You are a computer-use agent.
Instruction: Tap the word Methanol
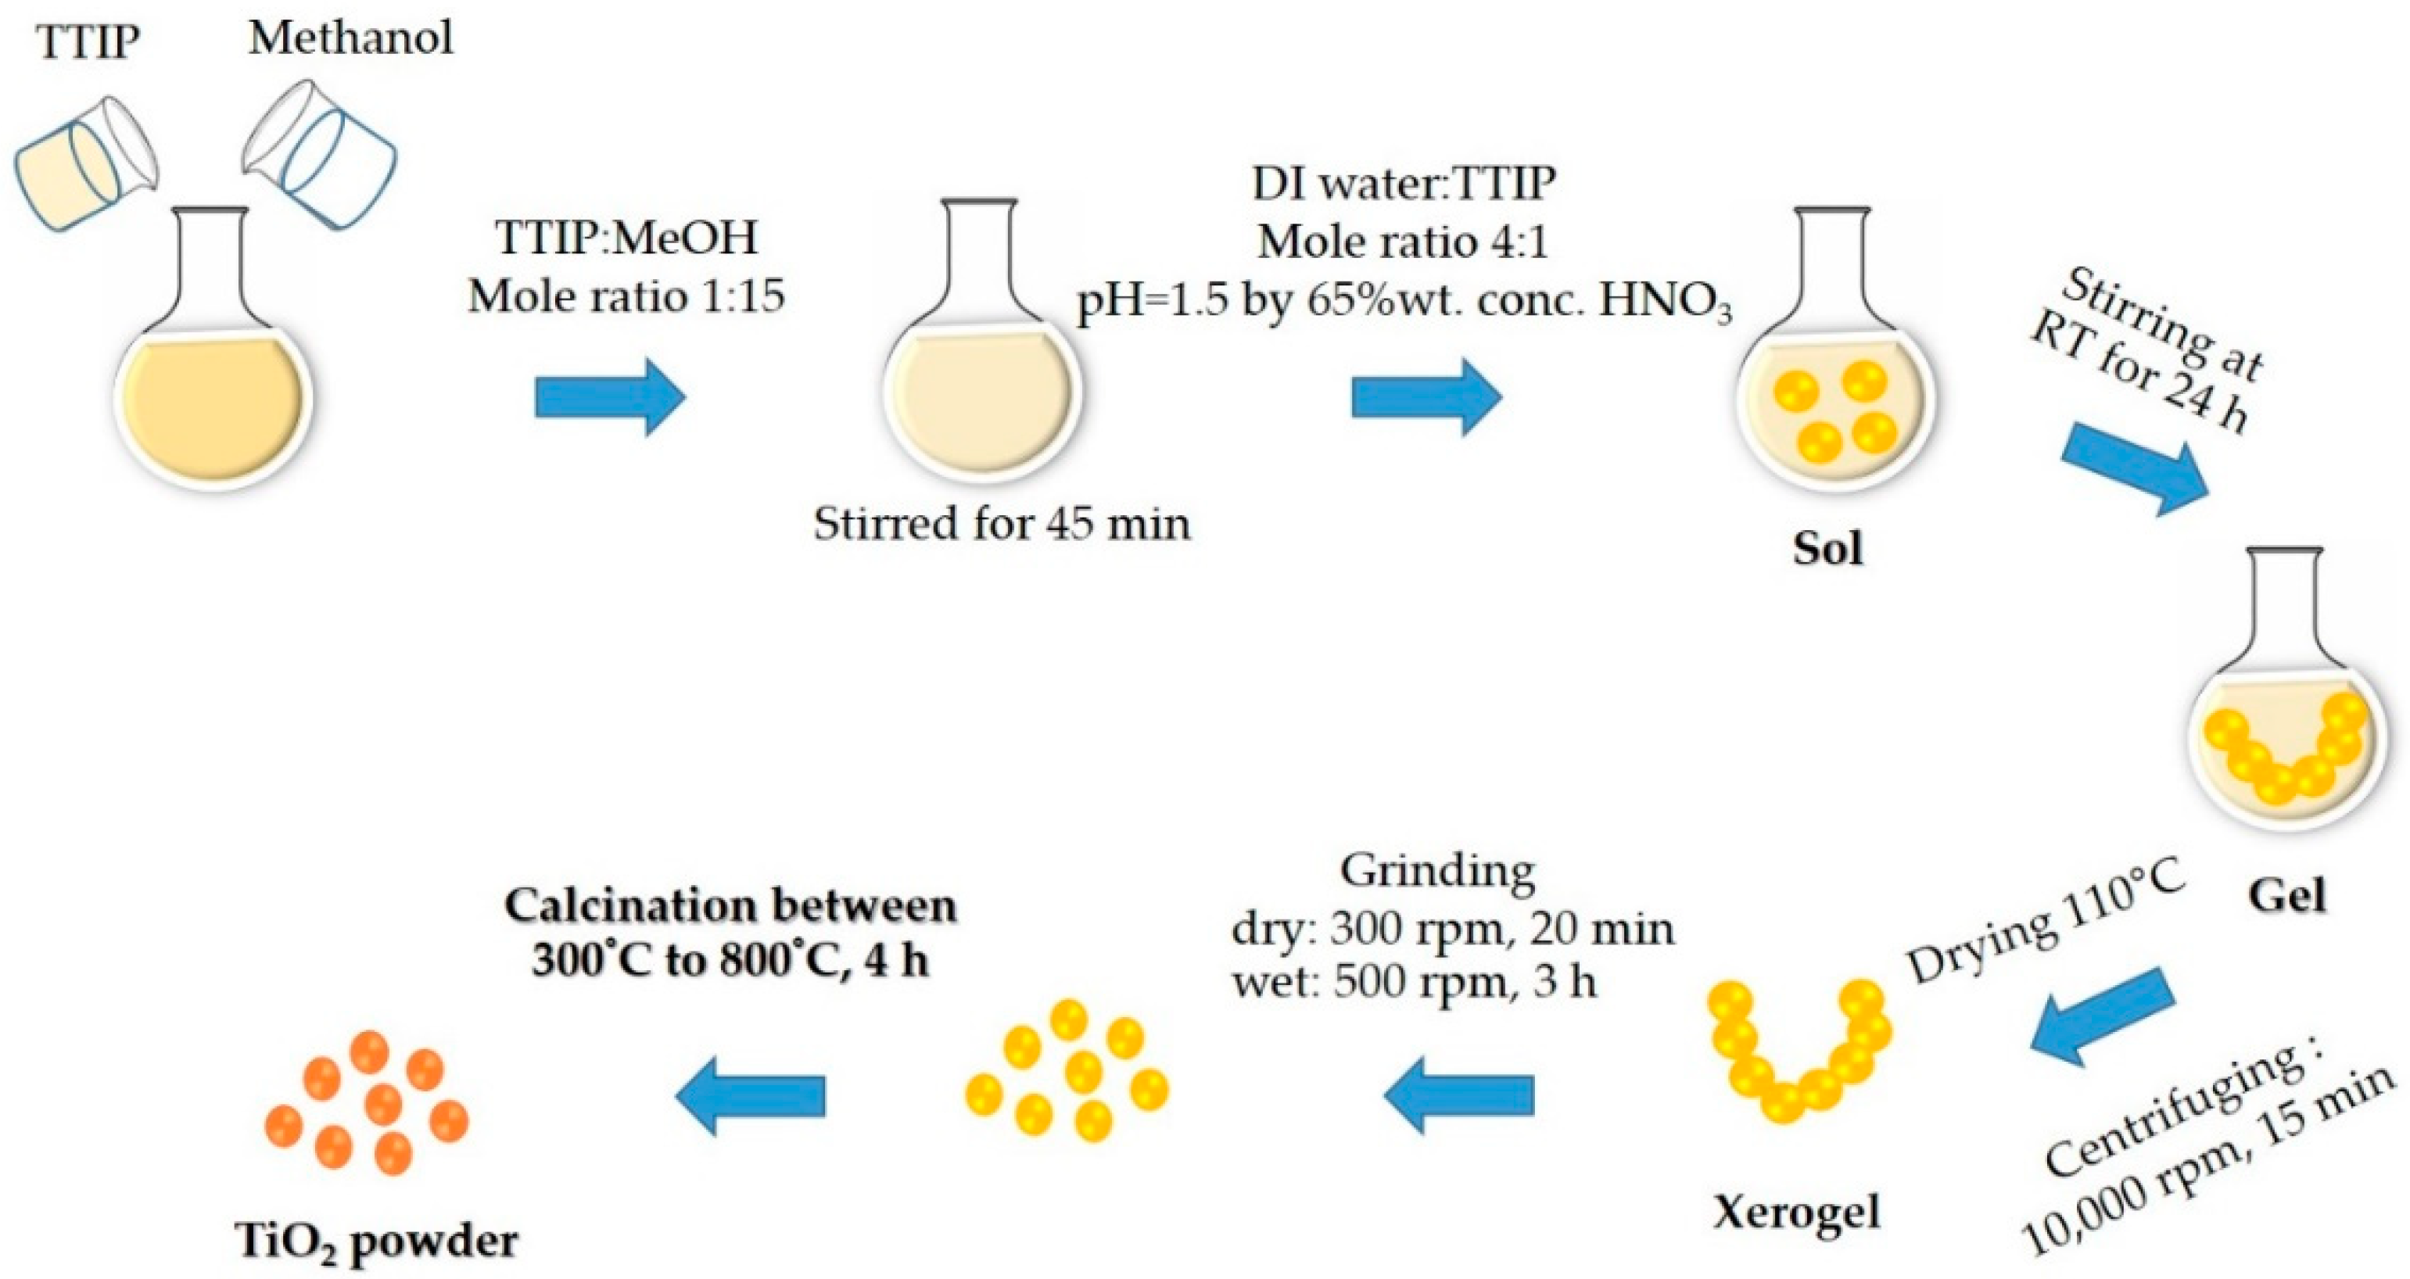(351, 38)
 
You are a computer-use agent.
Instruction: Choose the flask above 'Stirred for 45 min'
(981, 365)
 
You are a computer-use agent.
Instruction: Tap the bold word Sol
(1828, 548)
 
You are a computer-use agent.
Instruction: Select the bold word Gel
(2286, 897)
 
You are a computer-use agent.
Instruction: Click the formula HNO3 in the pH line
(1666, 303)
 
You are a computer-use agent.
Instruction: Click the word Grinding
(1438, 871)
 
